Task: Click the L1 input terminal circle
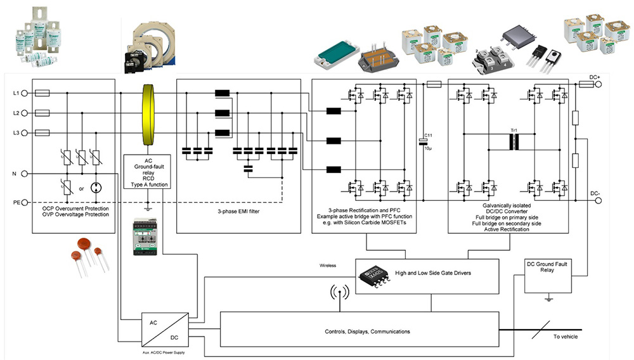pos(25,93)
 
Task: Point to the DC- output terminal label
pos(594,194)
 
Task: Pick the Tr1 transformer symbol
pos(514,141)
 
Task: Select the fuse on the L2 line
pos(41,113)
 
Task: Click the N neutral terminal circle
pos(25,174)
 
